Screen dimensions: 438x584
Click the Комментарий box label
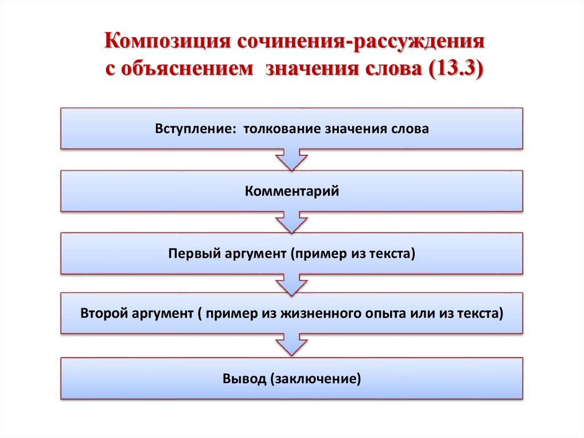(x=292, y=191)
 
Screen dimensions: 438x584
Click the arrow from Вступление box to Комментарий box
(x=292, y=160)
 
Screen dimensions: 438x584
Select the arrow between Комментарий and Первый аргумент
(x=292, y=222)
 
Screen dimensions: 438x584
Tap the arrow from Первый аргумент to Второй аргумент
(x=292, y=284)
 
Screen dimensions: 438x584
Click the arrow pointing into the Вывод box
(x=292, y=346)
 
